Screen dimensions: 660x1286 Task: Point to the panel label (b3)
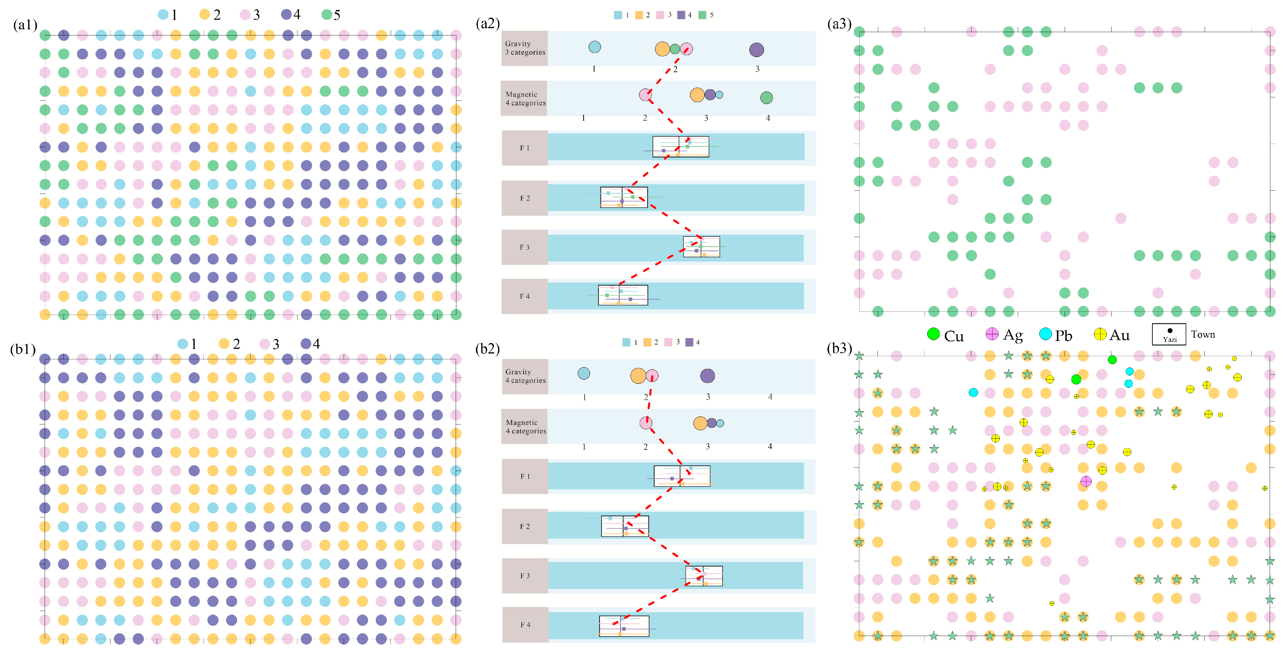tap(839, 348)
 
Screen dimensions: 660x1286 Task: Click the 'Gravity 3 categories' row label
tap(525, 48)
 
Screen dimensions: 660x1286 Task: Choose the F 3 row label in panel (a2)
tap(524, 247)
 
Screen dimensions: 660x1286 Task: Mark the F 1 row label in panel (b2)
tap(525, 476)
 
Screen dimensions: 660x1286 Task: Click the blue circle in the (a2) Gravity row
tap(594, 47)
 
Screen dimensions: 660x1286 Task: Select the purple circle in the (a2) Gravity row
tap(756, 49)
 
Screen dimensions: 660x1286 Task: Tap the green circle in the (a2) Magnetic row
tap(766, 98)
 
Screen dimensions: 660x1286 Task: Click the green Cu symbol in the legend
tap(933, 334)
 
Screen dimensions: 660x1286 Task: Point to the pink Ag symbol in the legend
tap(992, 334)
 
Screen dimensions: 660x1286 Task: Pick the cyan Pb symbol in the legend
tap(1045, 334)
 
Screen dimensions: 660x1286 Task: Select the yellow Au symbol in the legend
tap(1100, 334)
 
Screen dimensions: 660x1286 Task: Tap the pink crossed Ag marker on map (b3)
tap(1086, 481)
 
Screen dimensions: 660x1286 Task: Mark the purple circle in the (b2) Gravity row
tap(707, 376)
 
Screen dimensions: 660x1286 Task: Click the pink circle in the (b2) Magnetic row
tap(646, 423)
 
